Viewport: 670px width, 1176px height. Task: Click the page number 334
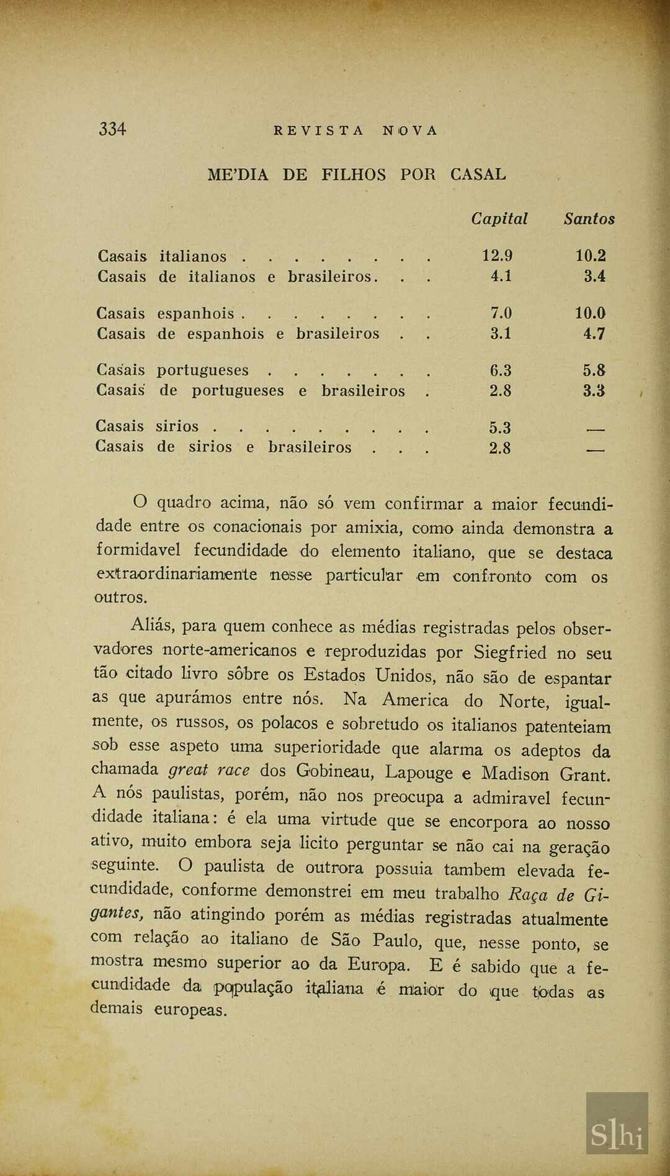pos(112,129)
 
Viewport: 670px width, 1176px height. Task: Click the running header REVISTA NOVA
pos(355,131)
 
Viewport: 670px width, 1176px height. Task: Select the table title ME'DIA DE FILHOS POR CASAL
pos(357,174)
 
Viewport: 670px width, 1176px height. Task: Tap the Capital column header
pos(499,219)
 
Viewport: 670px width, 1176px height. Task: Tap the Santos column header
pos(589,219)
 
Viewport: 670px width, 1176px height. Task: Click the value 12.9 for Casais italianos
pos(498,256)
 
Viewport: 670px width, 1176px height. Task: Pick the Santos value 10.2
pos(591,256)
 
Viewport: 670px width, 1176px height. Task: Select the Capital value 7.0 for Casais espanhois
pos(501,313)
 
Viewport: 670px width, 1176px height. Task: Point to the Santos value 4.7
pos(594,334)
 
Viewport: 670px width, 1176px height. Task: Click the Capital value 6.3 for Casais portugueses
pos(501,370)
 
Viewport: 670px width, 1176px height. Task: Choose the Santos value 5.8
pos(594,370)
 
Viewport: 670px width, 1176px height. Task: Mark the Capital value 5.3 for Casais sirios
pos(500,428)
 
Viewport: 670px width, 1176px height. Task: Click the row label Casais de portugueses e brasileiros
pos(251,391)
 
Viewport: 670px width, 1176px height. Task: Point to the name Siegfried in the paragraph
pos(510,653)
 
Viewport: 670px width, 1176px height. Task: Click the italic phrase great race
pos(209,770)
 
